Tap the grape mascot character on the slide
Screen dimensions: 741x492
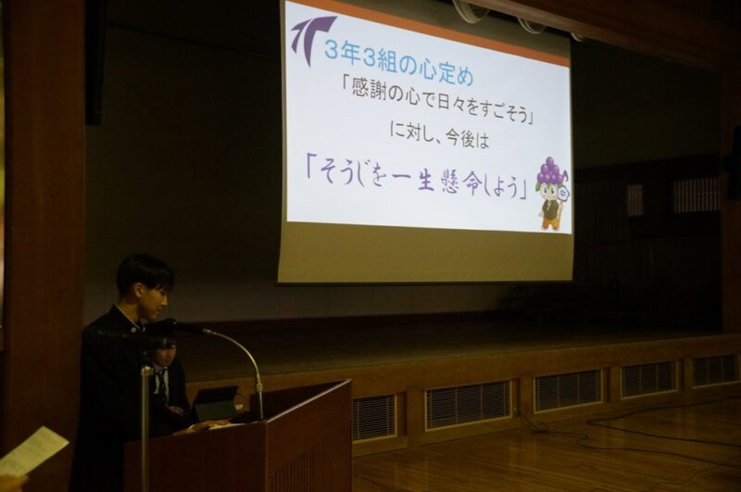pos(552,193)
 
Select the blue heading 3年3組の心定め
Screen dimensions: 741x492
pos(398,64)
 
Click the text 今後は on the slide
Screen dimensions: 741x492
pos(466,138)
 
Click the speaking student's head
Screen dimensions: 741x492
pos(144,284)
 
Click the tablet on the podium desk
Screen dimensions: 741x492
pos(216,403)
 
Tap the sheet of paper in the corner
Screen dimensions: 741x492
pos(33,450)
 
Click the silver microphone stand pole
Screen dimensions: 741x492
pos(145,425)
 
